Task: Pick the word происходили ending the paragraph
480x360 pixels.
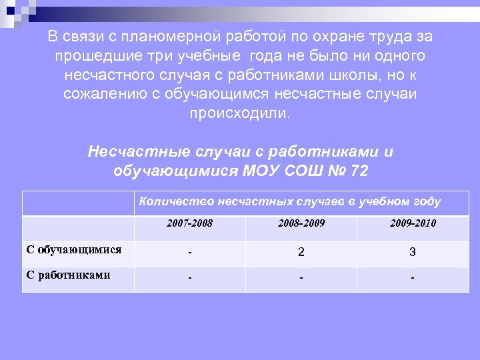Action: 239,113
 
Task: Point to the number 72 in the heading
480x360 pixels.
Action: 359,171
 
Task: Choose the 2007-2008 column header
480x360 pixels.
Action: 190,223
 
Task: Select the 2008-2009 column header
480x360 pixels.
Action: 301,223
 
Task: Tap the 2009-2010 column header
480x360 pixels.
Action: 413,223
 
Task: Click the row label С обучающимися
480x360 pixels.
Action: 73,250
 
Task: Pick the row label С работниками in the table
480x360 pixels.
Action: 68,275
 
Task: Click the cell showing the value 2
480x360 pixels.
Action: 301,253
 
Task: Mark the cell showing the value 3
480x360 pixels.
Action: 413,253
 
